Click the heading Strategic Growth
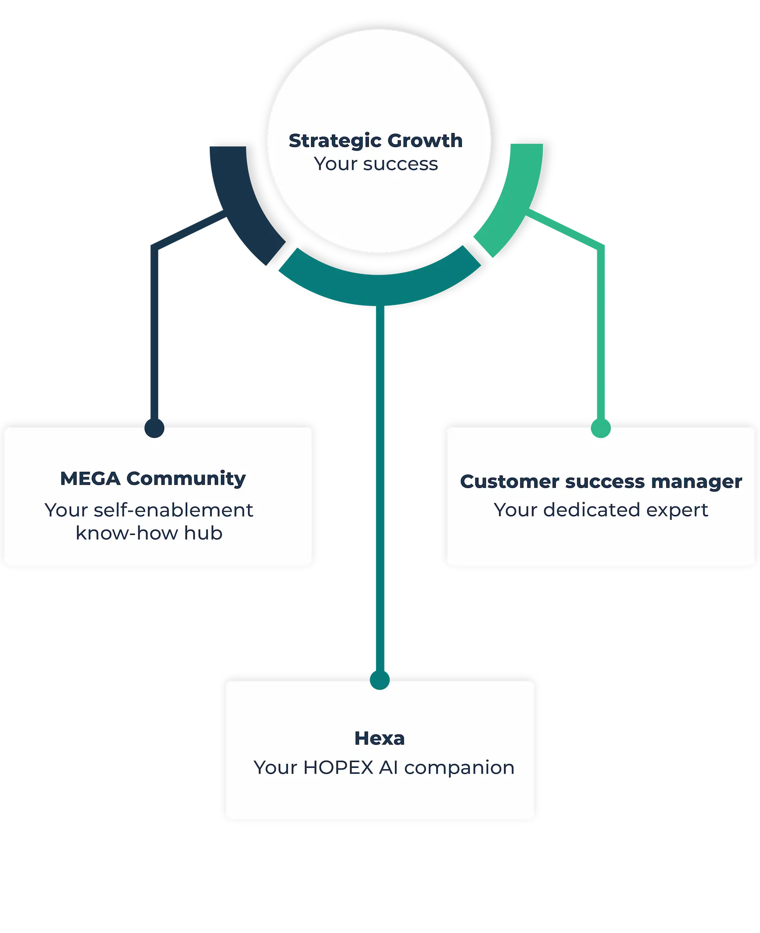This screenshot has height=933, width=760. click(375, 141)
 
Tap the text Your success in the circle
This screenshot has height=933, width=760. click(375, 164)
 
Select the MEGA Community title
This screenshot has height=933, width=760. click(153, 479)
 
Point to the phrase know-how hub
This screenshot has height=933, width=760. click(149, 533)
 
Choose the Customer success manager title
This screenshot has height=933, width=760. click(601, 482)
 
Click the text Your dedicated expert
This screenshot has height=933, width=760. click(601, 510)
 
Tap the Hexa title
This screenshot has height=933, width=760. click(379, 738)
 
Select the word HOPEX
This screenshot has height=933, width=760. click(338, 768)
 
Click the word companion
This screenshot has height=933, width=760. click(459, 768)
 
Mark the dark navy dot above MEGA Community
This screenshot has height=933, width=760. click(155, 427)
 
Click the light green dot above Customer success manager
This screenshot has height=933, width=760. click(601, 427)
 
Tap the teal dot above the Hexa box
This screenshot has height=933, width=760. click(379, 679)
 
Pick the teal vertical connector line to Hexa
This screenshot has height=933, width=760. click(380, 481)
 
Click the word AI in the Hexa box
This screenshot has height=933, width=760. click(389, 768)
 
